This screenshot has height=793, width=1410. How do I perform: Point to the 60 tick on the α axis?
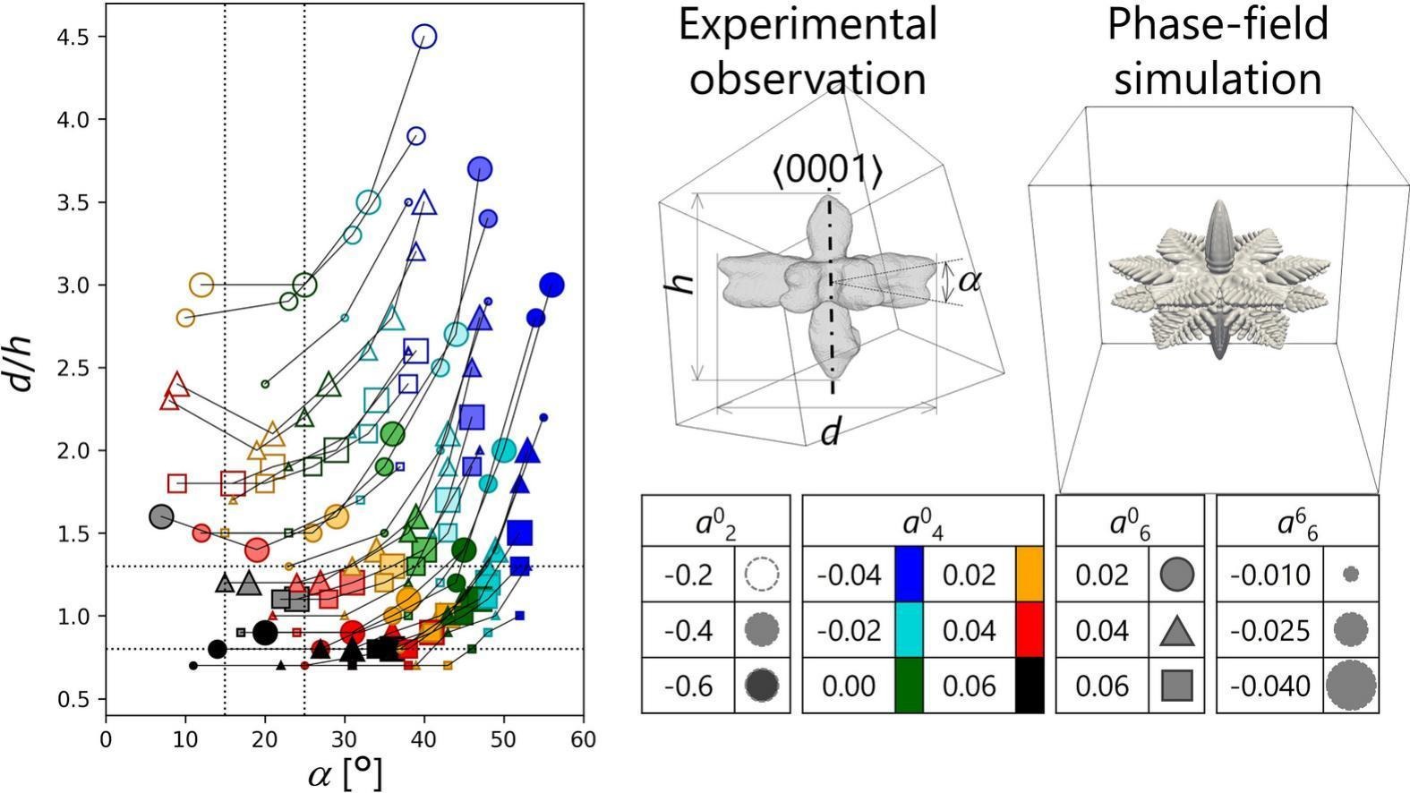tap(583, 740)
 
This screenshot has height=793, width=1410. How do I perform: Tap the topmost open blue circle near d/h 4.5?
tap(424, 37)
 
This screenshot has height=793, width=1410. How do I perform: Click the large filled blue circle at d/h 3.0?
tap(551, 286)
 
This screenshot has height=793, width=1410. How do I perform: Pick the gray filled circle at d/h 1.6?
tap(161, 516)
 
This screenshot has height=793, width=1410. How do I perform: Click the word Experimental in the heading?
tap(808, 24)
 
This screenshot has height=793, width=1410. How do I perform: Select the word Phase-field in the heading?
tap(1218, 24)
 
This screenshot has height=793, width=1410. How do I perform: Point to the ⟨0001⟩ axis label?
tap(828, 168)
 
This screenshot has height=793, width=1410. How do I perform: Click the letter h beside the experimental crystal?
tap(683, 283)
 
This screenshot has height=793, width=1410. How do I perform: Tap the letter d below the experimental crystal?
tap(831, 433)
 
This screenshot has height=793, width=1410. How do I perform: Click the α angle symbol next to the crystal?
tap(969, 281)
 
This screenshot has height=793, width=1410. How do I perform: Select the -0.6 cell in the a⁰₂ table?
tap(688, 686)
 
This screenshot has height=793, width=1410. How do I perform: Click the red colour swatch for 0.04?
tap(1030, 630)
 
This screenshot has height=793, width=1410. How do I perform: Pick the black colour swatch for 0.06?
tap(1030, 686)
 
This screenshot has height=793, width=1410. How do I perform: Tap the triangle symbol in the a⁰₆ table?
tap(1176, 631)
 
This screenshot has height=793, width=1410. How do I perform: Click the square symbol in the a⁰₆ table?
tap(1176, 686)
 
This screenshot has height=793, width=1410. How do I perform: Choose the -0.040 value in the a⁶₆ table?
tap(1269, 686)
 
